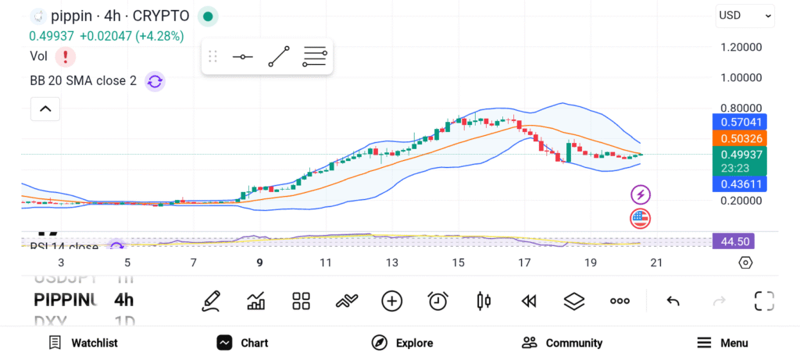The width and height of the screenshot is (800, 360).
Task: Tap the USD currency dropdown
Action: pos(745,15)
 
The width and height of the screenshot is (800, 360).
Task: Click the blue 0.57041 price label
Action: pos(740,122)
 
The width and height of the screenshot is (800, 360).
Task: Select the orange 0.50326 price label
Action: pos(740,138)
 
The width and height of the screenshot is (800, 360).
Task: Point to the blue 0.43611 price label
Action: pos(740,184)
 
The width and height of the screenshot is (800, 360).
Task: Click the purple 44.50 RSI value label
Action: pos(740,241)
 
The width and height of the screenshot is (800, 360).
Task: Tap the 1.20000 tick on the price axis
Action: pos(740,47)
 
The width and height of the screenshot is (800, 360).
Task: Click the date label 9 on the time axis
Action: pos(259,262)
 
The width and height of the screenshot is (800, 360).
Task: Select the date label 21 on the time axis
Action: pos(656,262)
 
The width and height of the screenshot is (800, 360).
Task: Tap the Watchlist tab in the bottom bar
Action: pos(83,343)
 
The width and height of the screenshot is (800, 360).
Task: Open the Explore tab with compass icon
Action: pos(403,343)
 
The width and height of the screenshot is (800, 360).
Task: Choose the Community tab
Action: pos(562,343)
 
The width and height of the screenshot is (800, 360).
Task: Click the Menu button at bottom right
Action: pos(723,343)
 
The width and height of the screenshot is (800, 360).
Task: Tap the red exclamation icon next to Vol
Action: pos(66,56)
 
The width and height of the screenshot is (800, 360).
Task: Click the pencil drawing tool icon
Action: pos(211,301)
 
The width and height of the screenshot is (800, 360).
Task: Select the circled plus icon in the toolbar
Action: pos(391,301)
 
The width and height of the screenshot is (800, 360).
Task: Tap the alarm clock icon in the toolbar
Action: pos(438,301)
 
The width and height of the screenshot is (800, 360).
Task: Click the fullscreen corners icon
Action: pos(764,301)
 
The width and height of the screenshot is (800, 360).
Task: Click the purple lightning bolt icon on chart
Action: pos(641,194)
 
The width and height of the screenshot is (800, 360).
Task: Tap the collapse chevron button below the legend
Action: pos(45,109)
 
